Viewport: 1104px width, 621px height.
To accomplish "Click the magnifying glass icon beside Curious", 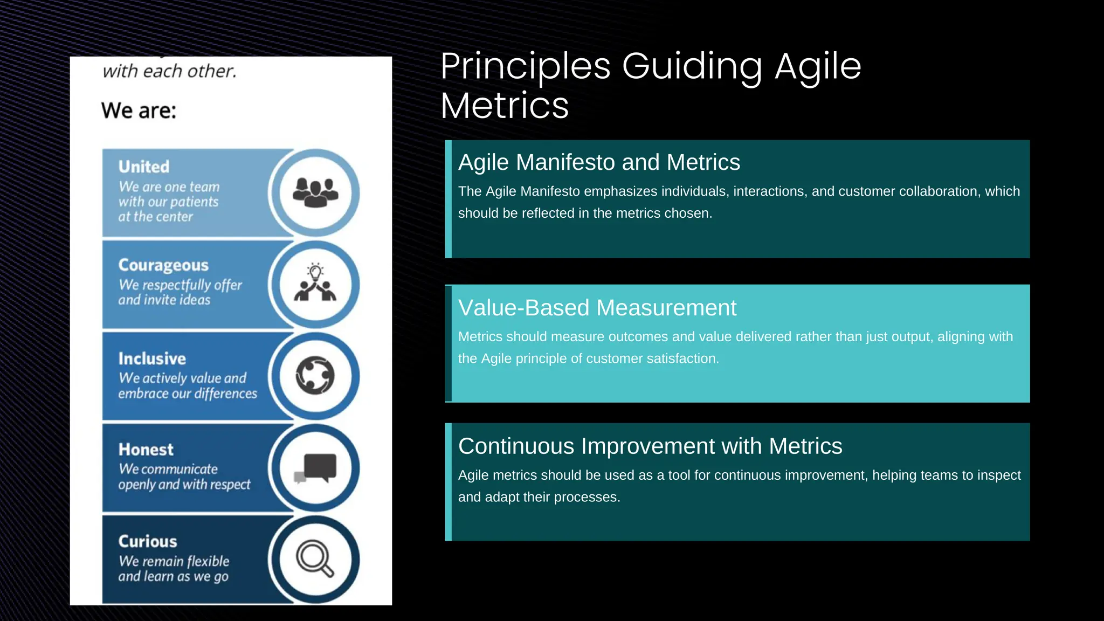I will pyautogui.click(x=315, y=558).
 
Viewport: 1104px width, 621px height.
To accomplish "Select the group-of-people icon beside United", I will pyautogui.click(x=315, y=192).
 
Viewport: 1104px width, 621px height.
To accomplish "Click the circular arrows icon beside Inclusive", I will pyautogui.click(x=315, y=376).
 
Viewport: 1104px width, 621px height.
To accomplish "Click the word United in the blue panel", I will pyautogui.click(x=144, y=167).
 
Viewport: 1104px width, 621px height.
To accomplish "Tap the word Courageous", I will pyautogui.click(x=163, y=265).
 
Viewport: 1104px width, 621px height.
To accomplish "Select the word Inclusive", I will pyautogui.click(x=152, y=358).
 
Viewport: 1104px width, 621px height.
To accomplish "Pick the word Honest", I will pyautogui.click(x=146, y=450).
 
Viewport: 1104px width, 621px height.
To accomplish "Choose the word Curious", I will pyautogui.click(x=148, y=541).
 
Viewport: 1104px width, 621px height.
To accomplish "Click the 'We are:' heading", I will pyautogui.click(x=139, y=111).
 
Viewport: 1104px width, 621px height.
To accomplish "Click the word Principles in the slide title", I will pyautogui.click(x=526, y=67).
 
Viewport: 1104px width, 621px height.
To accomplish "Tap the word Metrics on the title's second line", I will pyautogui.click(x=505, y=106).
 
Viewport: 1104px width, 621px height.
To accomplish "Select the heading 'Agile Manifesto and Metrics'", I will pyautogui.click(x=599, y=162).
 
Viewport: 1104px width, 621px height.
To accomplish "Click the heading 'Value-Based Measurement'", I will pyautogui.click(x=597, y=308).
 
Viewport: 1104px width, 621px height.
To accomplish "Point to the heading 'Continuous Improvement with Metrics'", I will pyautogui.click(x=650, y=446).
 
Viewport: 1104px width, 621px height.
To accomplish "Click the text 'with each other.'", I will pyautogui.click(x=170, y=71).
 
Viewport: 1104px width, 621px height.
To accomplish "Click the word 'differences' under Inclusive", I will pyautogui.click(x=226, y=394).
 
